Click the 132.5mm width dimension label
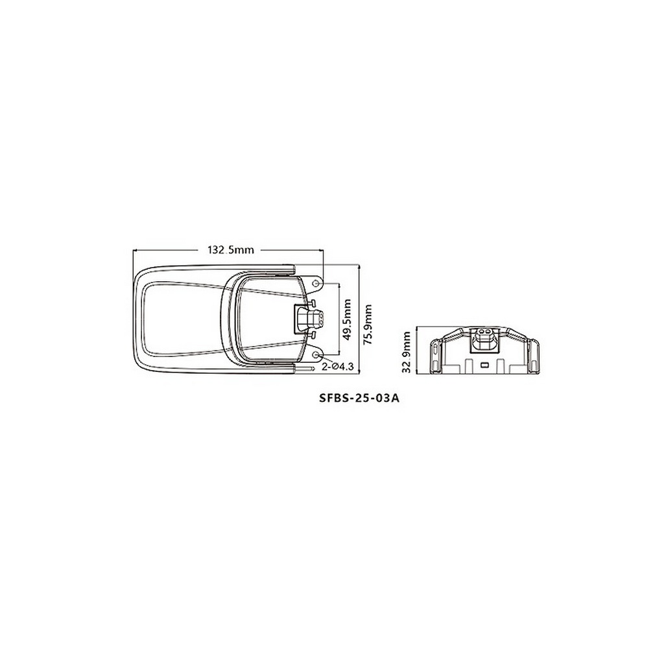click(230, 249)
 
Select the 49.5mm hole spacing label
click(348, 319)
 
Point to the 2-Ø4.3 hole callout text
click(337, 367)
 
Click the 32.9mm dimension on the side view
click(407, 352)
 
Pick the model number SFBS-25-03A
click(359, 399)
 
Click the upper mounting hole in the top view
click(316, 283)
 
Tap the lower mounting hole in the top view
click(316, 354)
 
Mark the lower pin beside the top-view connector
click(312, 335)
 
